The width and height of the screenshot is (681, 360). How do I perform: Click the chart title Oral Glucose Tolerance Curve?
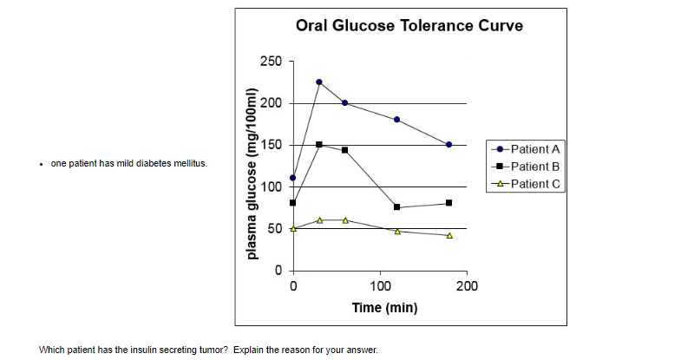tap(409, 25)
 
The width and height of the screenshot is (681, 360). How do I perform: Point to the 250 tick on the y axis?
tap(271, 62)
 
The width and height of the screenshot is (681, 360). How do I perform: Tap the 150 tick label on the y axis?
tap(271, 145)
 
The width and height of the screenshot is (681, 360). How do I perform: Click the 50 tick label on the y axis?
tap(274, 228)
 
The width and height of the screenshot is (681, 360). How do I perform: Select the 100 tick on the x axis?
tap(379, 285)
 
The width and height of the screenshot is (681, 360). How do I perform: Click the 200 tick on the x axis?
tap(466, 285)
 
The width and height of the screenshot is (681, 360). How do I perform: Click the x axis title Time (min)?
tap(384, 307)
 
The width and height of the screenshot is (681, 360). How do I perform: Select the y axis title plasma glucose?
tap(252, 173)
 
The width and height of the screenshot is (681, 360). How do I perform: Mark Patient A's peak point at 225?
tap(319, 82)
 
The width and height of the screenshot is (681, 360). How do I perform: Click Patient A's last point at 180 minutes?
tap(449, 145)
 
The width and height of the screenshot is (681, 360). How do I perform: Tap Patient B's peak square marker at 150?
tap(319, 145)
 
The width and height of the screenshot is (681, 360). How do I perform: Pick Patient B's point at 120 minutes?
tap(397, 207)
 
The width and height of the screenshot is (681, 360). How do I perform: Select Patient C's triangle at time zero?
tap(293, 228)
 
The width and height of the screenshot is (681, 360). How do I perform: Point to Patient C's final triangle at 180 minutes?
tap(449, 235)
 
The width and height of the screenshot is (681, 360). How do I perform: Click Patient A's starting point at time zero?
tap(293, 178)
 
